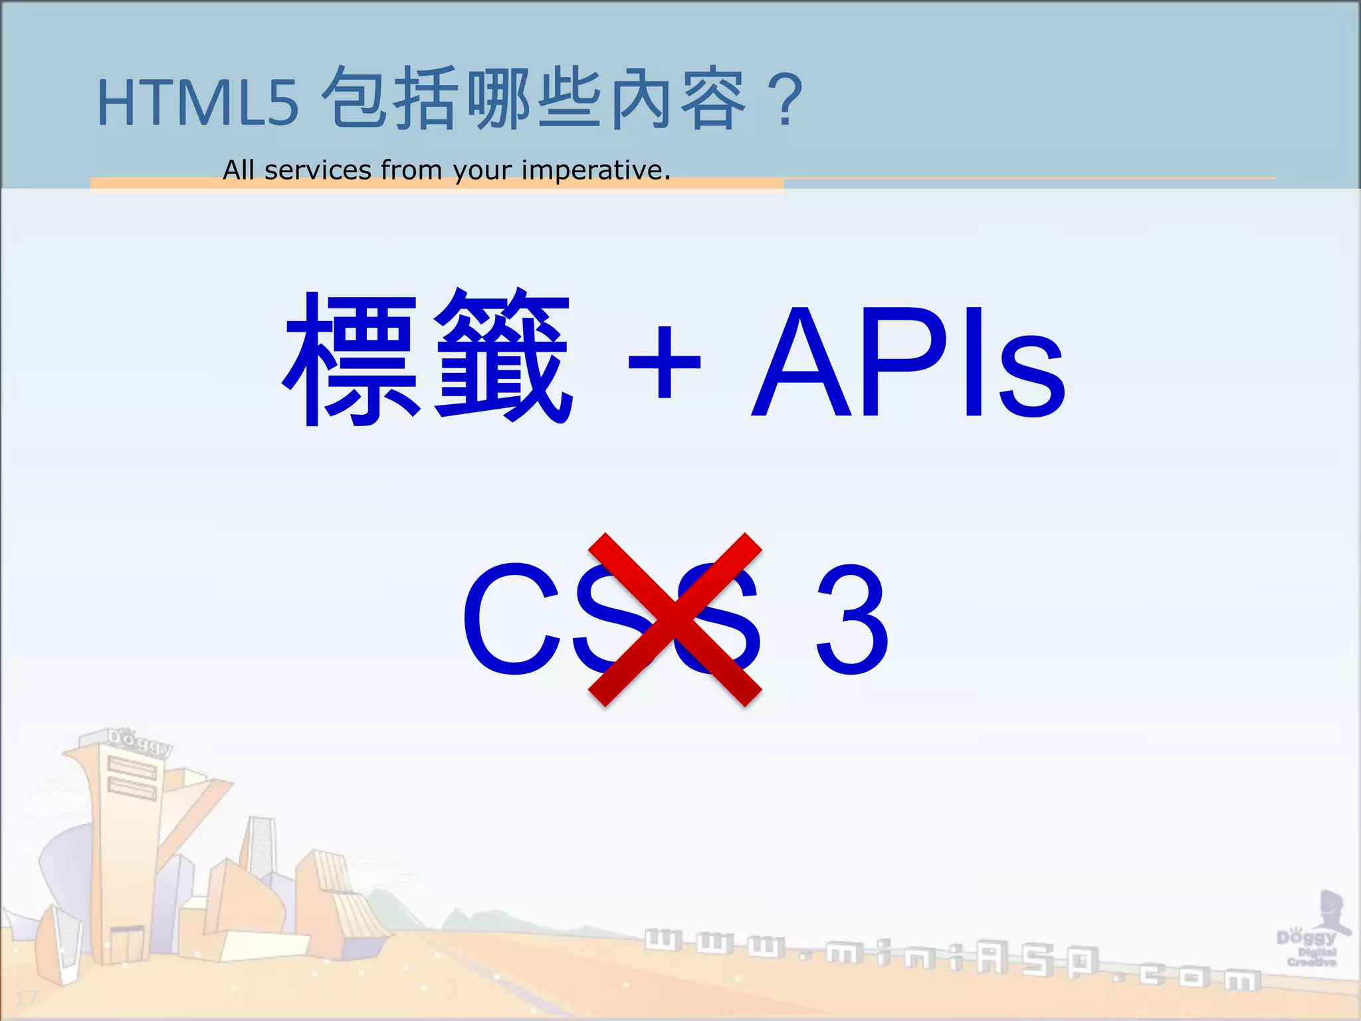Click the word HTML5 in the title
click(x=198, y=103)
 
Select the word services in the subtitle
click(x=318, y=170)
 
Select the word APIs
click(x=908, y=362)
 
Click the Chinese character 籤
click(x=503, y=357)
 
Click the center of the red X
click(x=675, y=619)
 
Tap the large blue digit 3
click(x=852, y=618)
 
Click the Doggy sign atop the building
click(x=140, y=741)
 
